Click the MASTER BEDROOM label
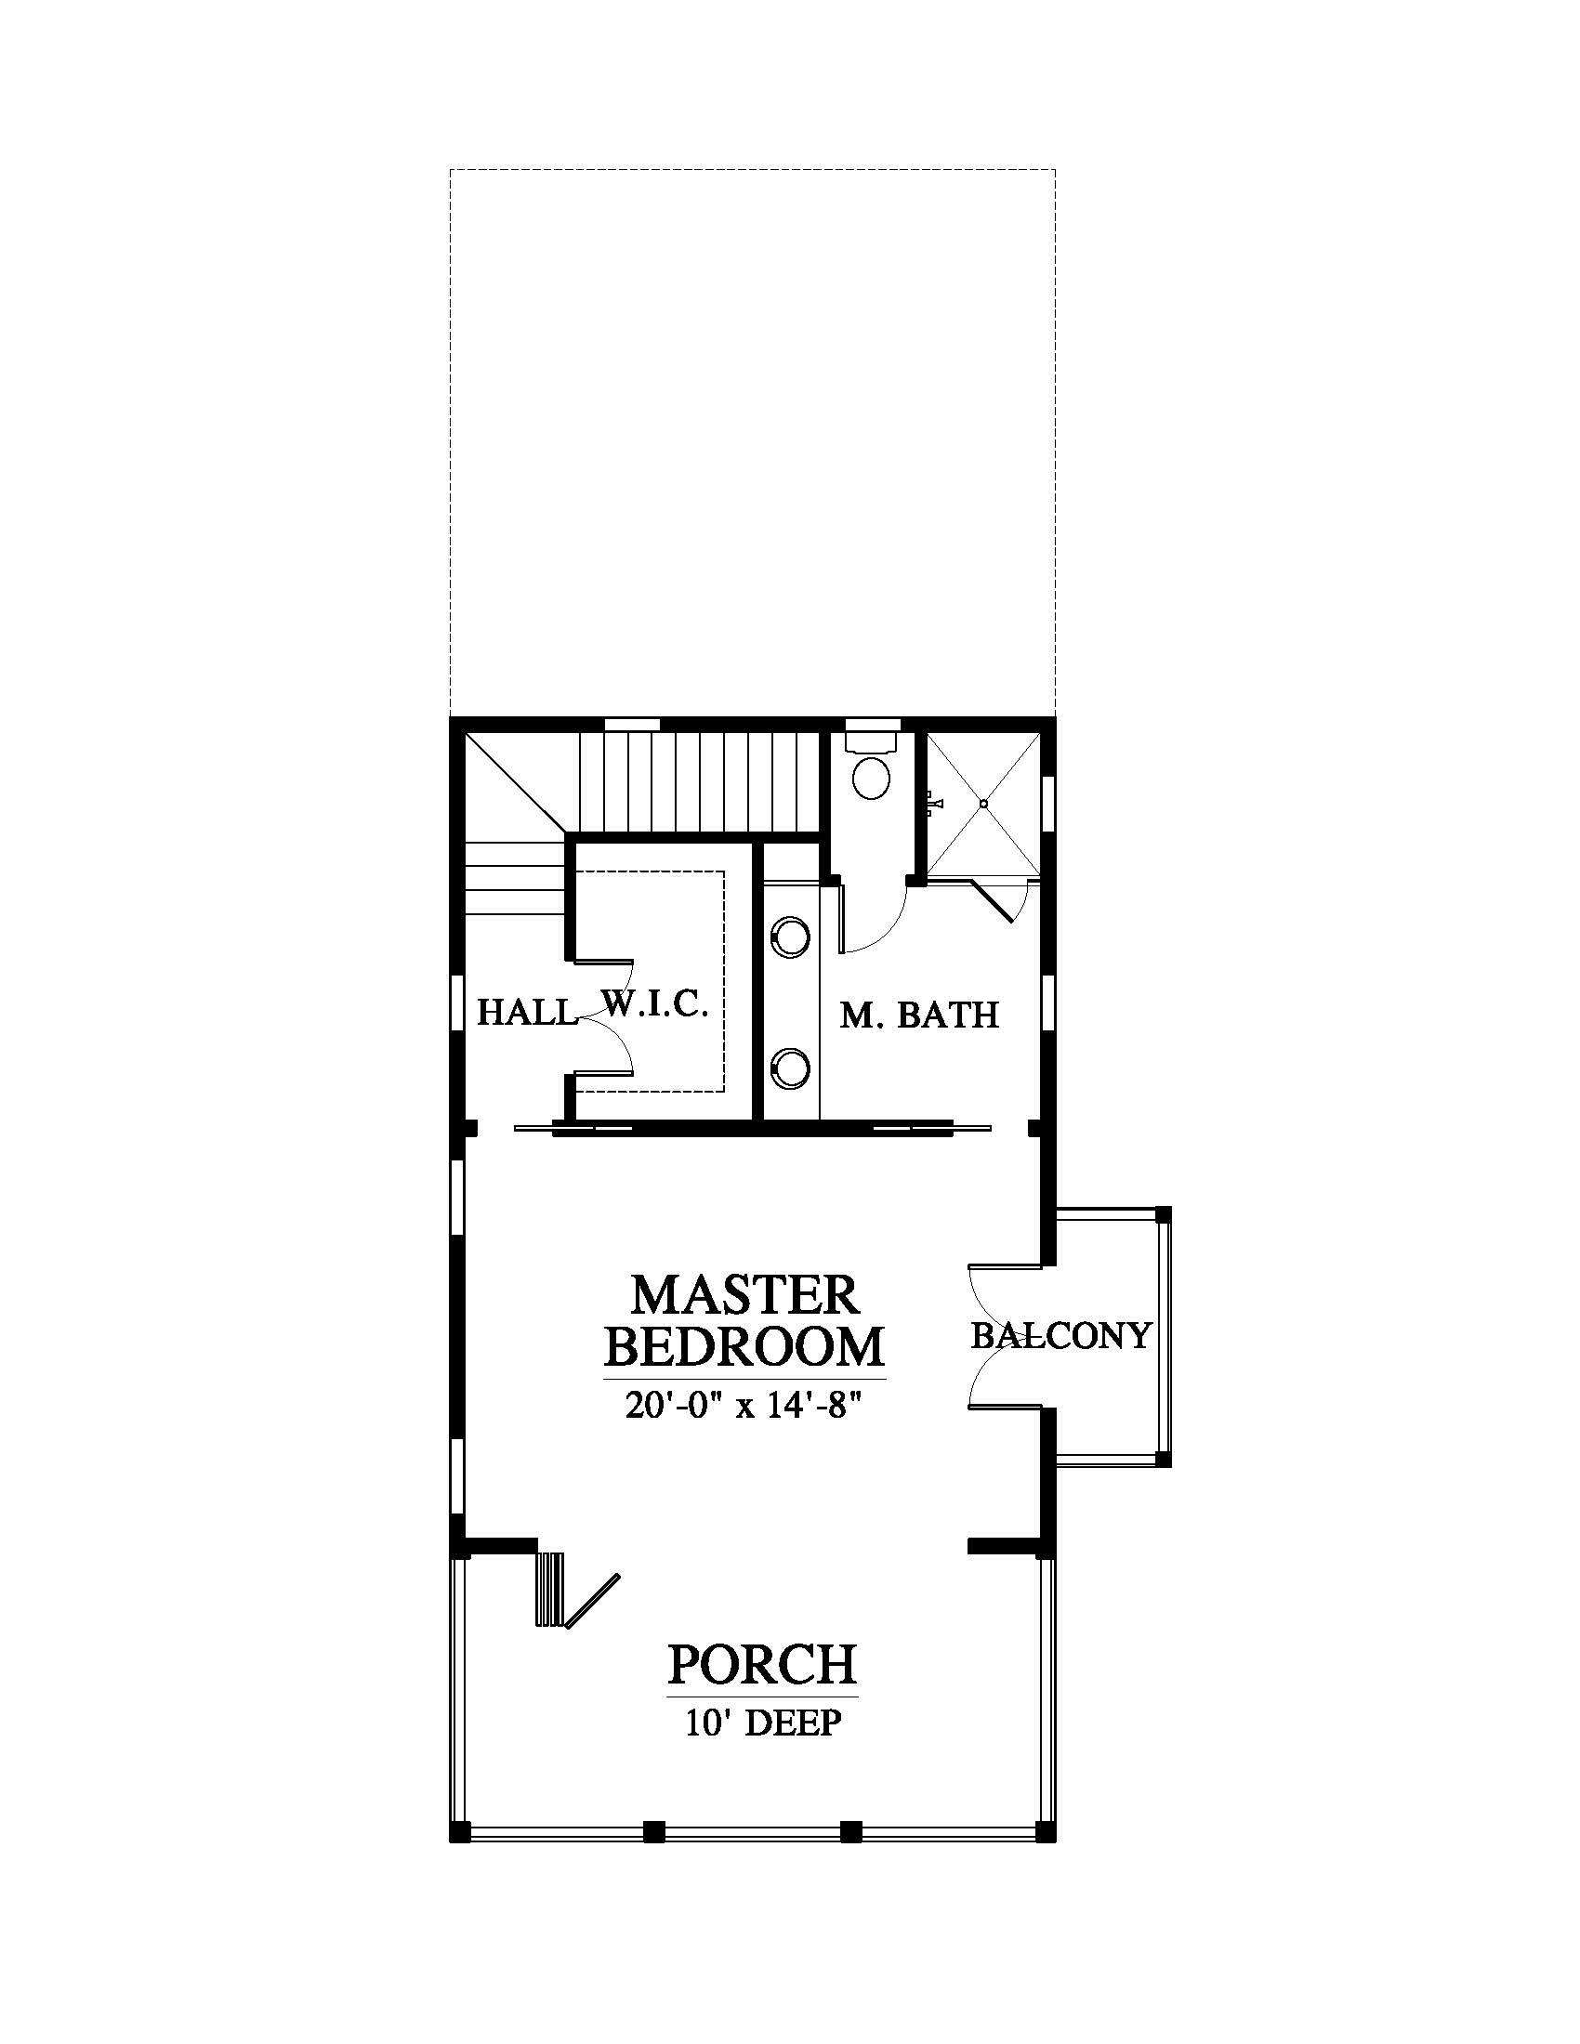[744, 1320]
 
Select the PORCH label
[762, 1664]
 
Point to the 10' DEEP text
[763, 1722]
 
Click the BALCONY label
[1060, 1335]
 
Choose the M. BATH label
[919, 1015]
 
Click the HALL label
[526, 1012]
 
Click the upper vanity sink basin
[790, 937]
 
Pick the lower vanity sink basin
[790, 1067]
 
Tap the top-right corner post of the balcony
[1163, 1214]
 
